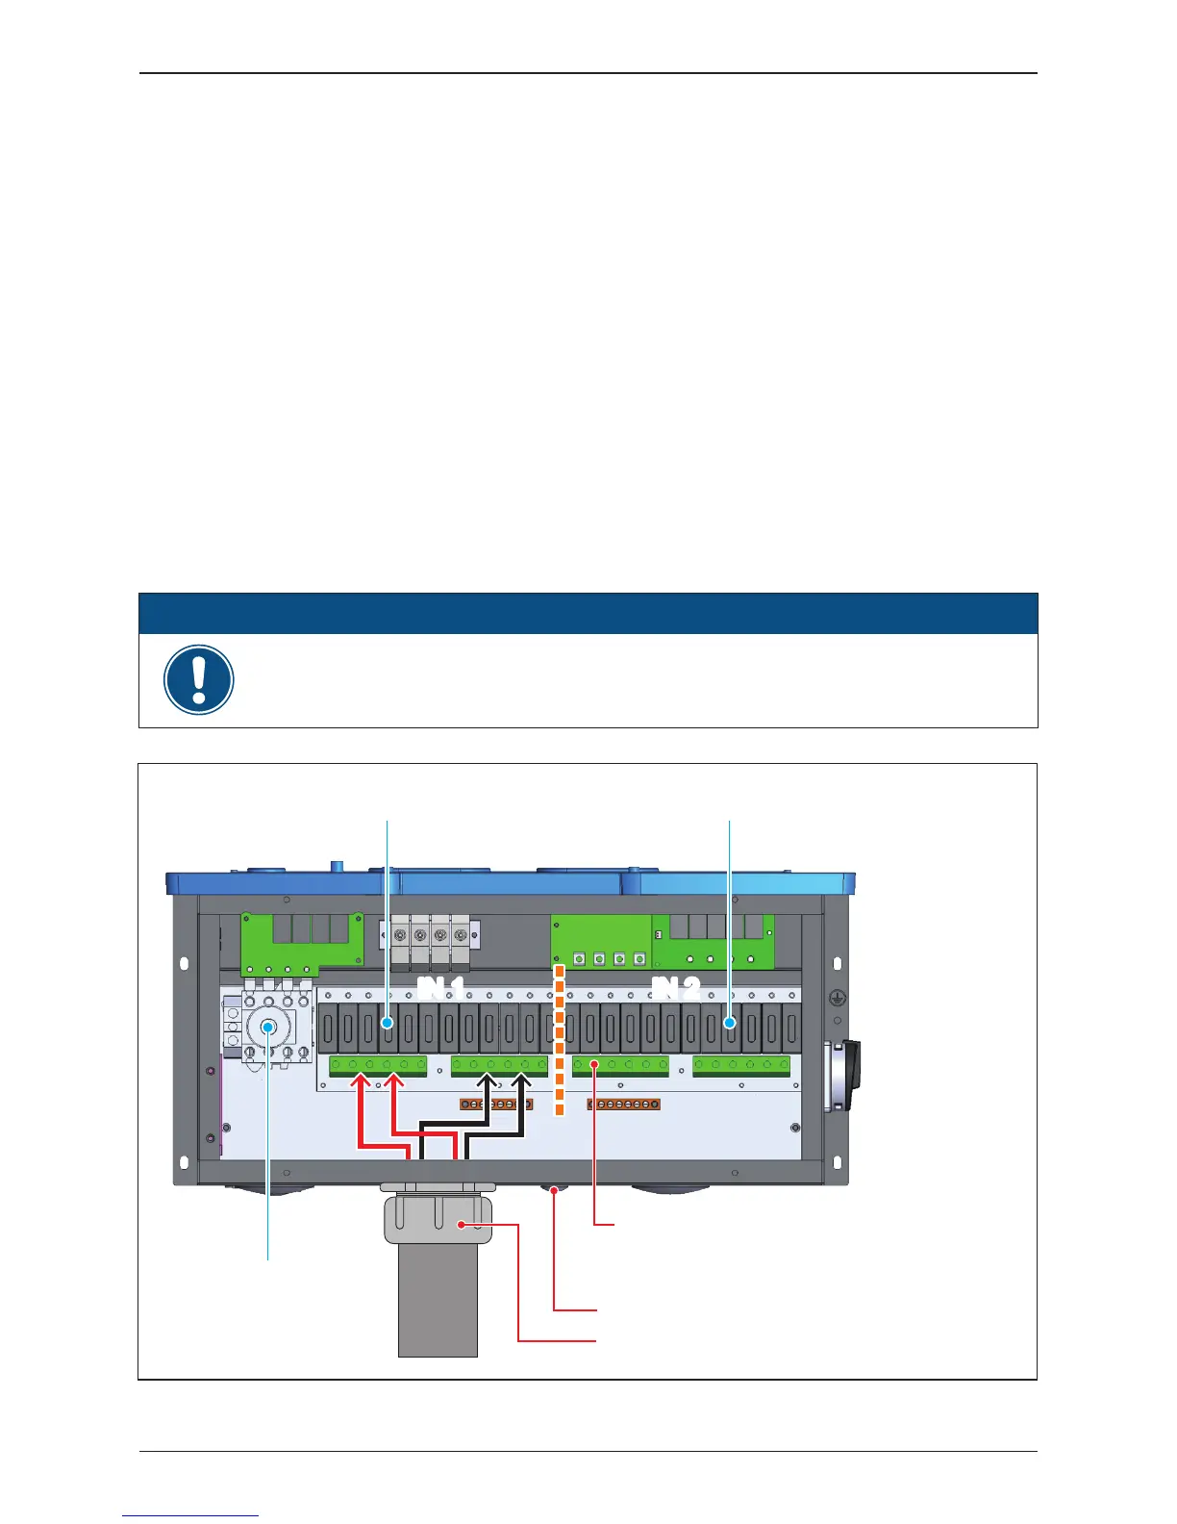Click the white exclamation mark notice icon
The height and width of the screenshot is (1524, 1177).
pos(199,679)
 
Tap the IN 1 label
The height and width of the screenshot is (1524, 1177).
pos(441,988)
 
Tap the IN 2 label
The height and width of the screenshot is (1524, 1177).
pos(676,988)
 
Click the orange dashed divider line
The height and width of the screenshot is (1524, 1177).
pos(559,1044)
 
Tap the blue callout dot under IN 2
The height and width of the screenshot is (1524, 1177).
pos(730,1024)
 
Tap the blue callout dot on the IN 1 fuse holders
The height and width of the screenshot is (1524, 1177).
pos(388,1024)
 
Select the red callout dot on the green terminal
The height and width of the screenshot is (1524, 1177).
pos(595,1065)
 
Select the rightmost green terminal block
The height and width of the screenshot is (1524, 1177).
pos(741,1065)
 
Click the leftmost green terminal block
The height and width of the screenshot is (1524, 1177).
pos(378,1065)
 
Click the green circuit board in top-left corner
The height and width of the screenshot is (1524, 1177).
pos(301,939)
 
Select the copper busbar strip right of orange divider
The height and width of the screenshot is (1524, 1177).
pos(623,1105)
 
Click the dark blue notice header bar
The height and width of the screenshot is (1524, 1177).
pos(588,613)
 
